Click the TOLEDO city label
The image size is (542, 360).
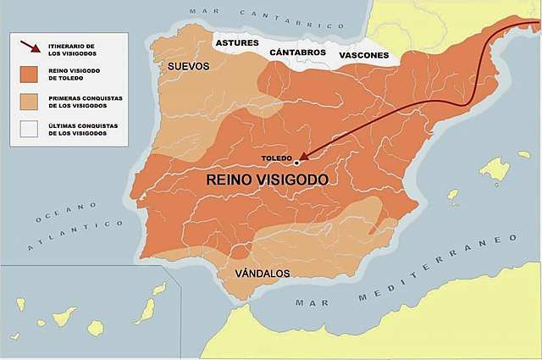tap(275, 158)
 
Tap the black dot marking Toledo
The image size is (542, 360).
tap(296, 162)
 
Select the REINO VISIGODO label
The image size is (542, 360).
tap(267, 180)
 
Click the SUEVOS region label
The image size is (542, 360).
tap(188, 66)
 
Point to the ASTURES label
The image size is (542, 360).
tap(236, 42)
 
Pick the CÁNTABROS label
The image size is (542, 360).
tap(298, 53)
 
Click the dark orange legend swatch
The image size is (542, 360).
tap(26, 75)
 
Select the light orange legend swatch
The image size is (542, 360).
tap(26, 102)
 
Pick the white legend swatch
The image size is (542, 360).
tap(26, 129)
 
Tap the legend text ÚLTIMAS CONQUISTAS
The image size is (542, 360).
tap(83, 129)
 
